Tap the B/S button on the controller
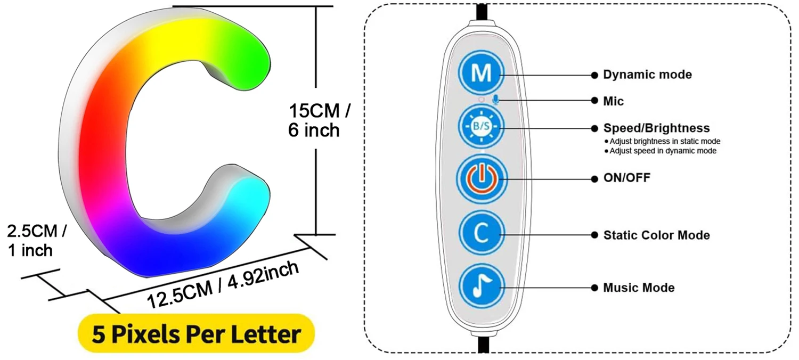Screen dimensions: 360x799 pos(480,127)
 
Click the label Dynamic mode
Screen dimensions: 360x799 pos(647,75)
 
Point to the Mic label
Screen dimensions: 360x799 pos(613,101)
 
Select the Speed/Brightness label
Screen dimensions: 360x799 pos(656,128)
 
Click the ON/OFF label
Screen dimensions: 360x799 pos(626,178)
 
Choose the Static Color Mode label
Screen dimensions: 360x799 pos(656,235)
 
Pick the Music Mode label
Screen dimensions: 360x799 pos(639,288)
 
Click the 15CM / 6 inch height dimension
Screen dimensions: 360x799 pos(318,120)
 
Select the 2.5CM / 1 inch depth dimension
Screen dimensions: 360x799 pos(36,240)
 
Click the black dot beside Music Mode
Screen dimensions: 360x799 pos(594,288)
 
